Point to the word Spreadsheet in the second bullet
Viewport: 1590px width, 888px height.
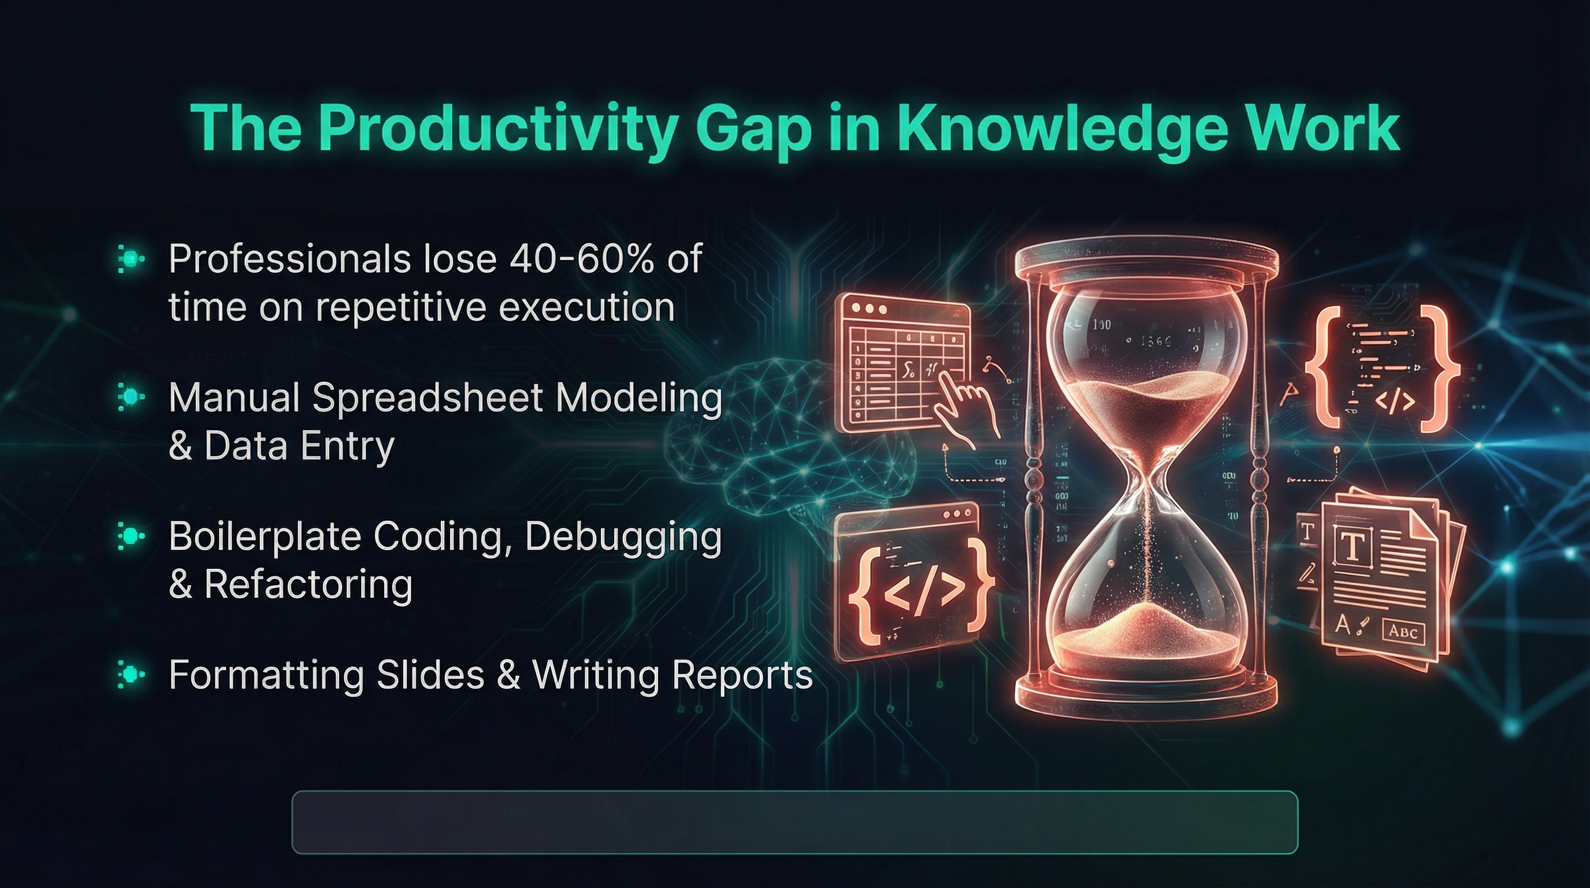pos(428,398)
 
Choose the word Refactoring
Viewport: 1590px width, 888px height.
pos(308,584)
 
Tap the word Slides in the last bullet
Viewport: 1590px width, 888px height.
pos(430,674)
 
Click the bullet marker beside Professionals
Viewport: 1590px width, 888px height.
pos(131,259)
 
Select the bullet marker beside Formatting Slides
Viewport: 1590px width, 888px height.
pos(131,674)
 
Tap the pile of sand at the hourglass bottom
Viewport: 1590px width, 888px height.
pos(1146,633)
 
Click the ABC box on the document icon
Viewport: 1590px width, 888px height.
pos(1403,631)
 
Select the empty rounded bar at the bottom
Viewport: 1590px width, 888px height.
pos(795,822)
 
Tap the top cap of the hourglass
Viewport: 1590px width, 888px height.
pos(1147,262)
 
